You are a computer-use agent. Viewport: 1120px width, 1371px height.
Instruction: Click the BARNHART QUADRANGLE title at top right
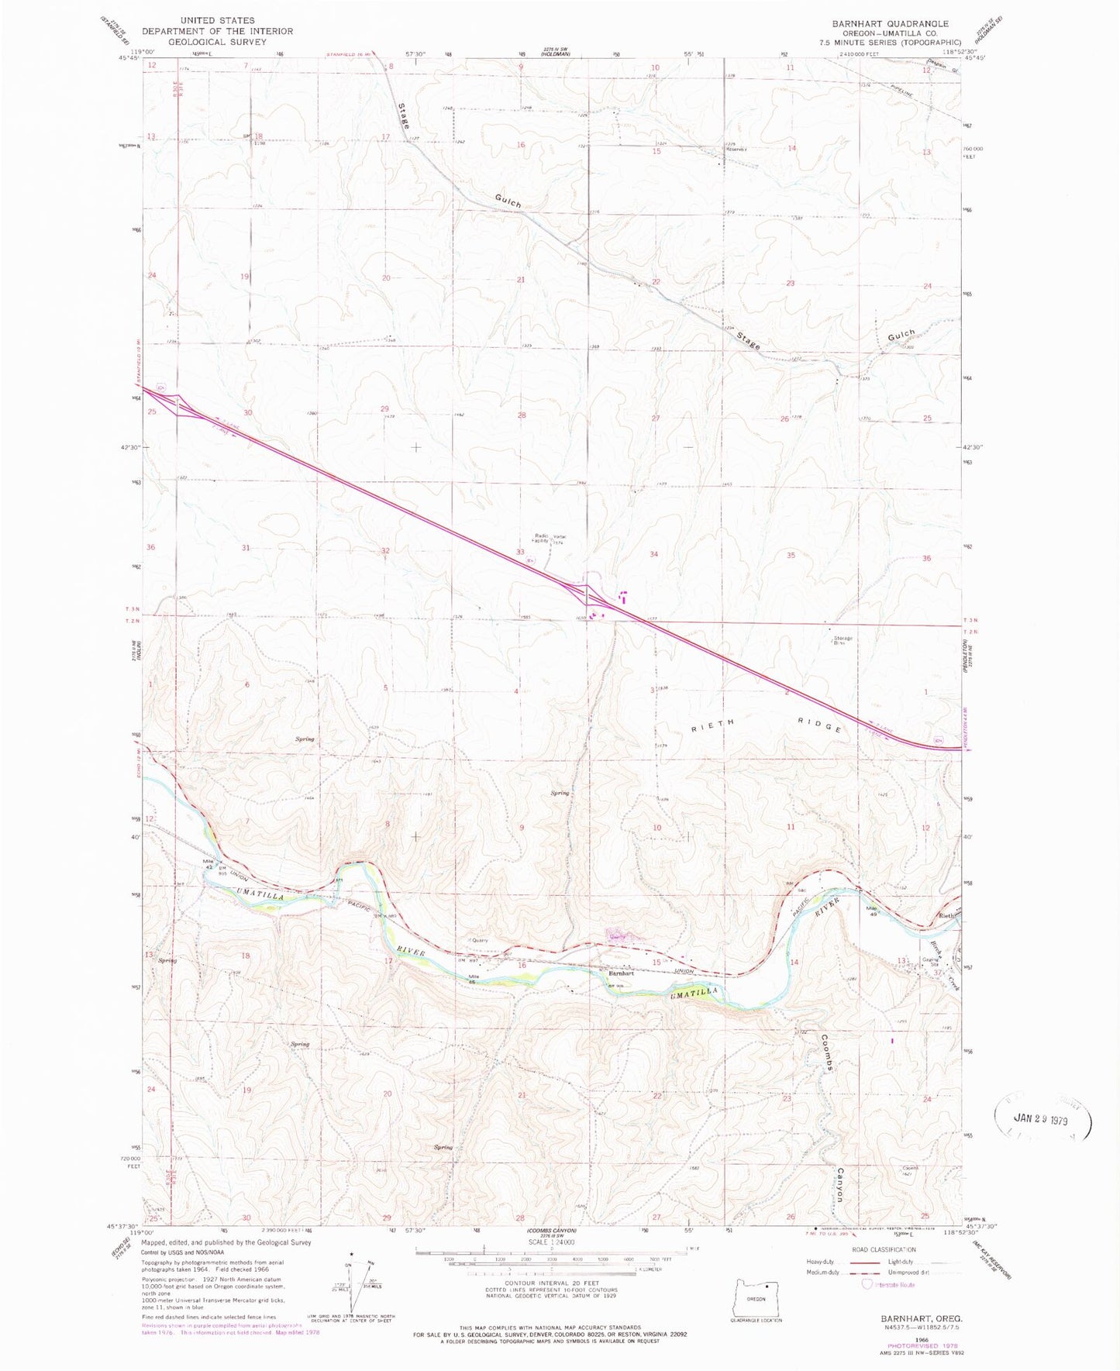pos(890,24)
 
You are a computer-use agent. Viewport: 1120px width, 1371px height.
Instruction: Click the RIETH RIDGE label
pos(766,724)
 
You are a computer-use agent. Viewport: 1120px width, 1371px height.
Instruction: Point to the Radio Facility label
pos(542,536)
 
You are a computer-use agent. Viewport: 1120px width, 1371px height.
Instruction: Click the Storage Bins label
pos(842,640)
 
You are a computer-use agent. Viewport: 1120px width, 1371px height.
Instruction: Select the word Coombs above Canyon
pos(826,1053)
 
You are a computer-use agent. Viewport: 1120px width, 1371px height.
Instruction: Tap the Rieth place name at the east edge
pos(946,915)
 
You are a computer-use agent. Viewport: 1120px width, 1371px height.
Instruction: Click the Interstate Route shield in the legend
pos(866,1285)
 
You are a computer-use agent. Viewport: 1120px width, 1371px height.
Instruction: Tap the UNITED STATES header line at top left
pos(217,20)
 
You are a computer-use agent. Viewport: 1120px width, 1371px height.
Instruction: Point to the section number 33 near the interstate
pos(520,552)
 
